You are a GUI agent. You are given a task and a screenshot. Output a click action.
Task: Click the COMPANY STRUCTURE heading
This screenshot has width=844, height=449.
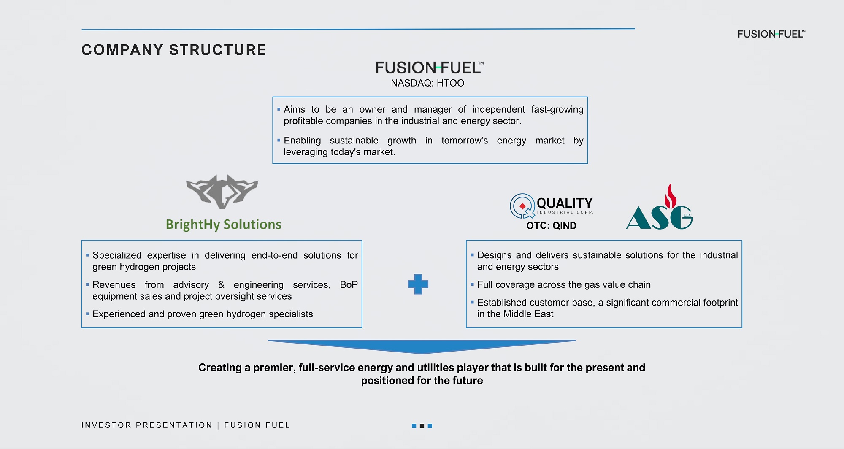[173, 50]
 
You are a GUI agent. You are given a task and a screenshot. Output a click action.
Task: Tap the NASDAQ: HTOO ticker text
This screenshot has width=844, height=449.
[427, 83]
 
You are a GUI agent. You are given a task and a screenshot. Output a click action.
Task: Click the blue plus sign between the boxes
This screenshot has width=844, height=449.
[418, 284]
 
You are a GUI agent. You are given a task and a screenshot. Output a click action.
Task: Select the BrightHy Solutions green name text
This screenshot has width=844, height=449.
[223, 224]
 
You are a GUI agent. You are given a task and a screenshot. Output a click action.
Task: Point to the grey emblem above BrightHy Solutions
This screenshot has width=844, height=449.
[222, 192]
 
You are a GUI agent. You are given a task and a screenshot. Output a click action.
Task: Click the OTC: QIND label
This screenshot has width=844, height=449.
[551, 226]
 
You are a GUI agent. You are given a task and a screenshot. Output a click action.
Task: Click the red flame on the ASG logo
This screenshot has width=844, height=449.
[670, 196]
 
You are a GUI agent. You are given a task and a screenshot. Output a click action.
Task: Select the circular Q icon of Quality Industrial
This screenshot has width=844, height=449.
[522, 206]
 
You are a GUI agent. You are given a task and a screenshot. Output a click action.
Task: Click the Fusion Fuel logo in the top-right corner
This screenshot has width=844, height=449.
[771, 34]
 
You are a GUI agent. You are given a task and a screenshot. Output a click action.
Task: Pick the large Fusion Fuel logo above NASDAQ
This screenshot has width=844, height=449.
[429, 68]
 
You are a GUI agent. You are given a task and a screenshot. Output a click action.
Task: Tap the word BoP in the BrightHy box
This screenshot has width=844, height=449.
[349, 285]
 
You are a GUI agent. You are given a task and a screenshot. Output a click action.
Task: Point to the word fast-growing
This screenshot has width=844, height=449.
[557, 110]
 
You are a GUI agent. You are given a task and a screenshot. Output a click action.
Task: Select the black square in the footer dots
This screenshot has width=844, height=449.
[422, 426]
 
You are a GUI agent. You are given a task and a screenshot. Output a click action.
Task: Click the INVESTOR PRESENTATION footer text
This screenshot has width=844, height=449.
[146, 425]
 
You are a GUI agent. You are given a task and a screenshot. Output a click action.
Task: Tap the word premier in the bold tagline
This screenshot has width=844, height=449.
[273, 368]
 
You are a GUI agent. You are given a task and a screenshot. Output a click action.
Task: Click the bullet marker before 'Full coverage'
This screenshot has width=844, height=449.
[472, 285]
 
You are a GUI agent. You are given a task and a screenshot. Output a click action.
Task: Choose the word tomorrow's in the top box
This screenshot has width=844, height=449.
[464, 141]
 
